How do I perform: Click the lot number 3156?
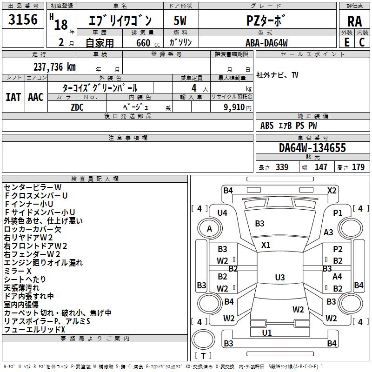click(x=23, y=20)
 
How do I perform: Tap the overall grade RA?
click(x=354, y=21)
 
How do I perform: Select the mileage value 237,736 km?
click(x=54, y=66)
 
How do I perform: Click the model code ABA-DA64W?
click(x=266, y=43)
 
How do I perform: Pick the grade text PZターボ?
click(x=264, y=21)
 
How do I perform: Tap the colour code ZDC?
click(x=77, y=106)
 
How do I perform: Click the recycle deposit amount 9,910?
click(x=234, y=107)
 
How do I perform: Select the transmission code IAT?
click(x=13, y=97)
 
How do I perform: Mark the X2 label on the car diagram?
click(x=332, y=190)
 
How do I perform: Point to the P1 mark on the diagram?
click(x=338, y=213)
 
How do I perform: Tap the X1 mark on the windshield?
click(x=266, y=245)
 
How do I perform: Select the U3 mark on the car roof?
click(x=279, y=278)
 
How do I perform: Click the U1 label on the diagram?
click(x=266, y=332)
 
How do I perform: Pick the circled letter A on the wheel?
click(x=209, y=229)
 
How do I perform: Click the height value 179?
click(x=358, y=167)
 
